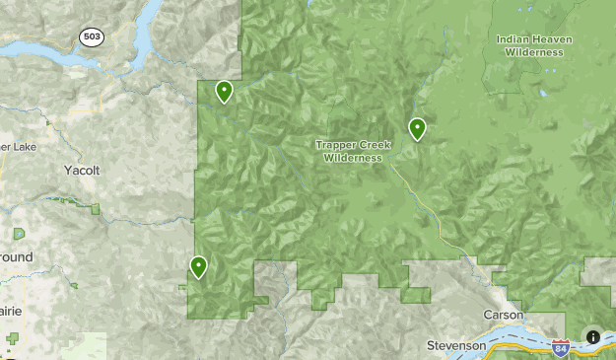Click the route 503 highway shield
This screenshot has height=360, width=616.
92,36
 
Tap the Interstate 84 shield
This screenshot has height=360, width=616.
560,348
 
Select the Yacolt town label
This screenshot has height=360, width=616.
82,171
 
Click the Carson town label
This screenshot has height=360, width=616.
503,315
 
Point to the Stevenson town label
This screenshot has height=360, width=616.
457,346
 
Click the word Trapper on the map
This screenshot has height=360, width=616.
335,145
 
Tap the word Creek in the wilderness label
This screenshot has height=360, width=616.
375,145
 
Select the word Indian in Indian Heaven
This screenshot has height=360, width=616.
515,39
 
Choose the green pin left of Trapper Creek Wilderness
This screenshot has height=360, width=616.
199,265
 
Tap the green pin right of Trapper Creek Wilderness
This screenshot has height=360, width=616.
417,128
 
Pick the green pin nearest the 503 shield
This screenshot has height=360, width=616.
225,91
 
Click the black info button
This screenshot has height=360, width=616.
593,336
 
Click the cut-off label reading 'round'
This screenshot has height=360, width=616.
16,257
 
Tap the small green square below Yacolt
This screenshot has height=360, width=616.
96,209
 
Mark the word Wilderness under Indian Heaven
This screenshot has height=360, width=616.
534,52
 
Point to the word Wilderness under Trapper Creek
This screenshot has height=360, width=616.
353,158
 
